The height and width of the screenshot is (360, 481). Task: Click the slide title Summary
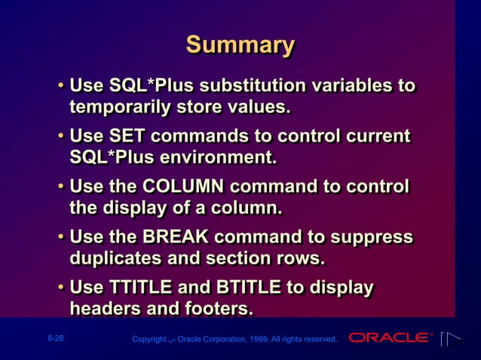[240, 45]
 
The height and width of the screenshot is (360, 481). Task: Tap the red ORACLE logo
[390, 338]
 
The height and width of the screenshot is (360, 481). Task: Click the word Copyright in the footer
[149, 340]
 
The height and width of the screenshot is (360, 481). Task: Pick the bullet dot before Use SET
[60, 138]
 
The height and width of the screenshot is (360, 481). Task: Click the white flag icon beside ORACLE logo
[450, 339]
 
